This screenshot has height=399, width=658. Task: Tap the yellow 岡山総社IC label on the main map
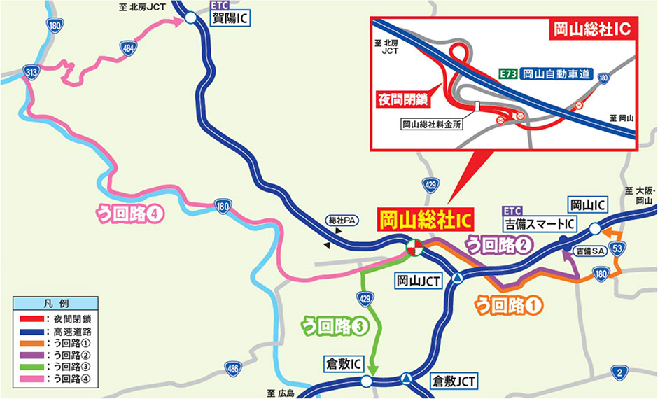[425, 220]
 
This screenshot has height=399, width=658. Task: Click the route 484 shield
[128, 48]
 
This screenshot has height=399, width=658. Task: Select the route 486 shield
[234, 368]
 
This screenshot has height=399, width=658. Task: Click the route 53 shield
[617, 248]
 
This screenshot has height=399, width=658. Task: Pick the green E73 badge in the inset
[507, 72]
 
